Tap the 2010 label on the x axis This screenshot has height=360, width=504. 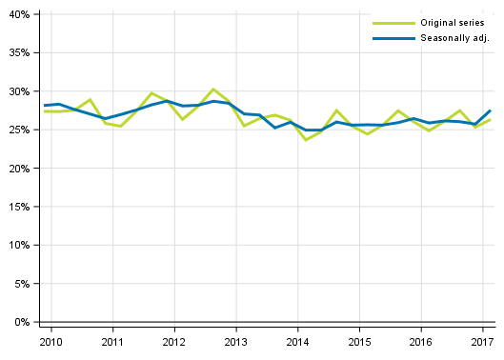pyautogui.click(x=51, y=341)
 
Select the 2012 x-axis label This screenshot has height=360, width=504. pyautogui.click(x=174, y=341)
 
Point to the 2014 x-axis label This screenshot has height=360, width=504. pyautogui.click(x=297, y=341)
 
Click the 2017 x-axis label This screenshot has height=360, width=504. pyautogui.click(x=482, y=341)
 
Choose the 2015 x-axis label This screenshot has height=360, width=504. pyautogui.click(x=359, y=341)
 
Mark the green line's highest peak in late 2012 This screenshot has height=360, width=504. pyautogui.click(x=213, y=89)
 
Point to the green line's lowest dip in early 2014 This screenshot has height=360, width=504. pyautogui.click(x=306, y=140)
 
